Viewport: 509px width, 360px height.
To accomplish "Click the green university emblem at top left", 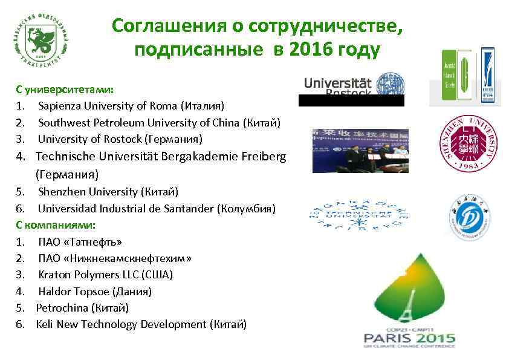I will coord(42,39).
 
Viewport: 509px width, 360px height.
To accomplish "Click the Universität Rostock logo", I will coord(351,86).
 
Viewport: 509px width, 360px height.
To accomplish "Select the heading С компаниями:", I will coord(56,225).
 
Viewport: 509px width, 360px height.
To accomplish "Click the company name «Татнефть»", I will coord(91,242).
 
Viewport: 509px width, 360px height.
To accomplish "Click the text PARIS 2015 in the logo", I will coord(409,338).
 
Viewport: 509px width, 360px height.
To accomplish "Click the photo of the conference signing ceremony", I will coord(360,150).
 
